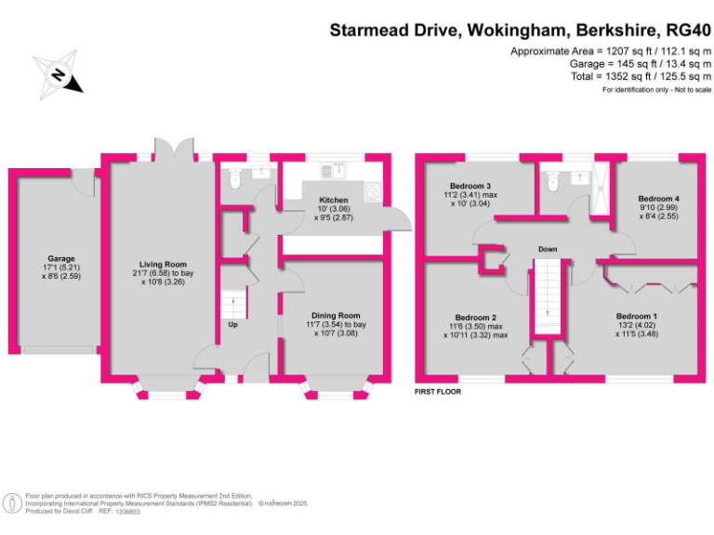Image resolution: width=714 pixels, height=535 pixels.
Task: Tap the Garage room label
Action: point(61,259)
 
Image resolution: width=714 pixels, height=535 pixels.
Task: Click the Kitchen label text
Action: point(333,201)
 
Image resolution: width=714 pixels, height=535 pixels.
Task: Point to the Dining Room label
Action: point(335,316)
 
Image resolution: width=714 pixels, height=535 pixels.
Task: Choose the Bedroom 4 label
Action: point(657,199)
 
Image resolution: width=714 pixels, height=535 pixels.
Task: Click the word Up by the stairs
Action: point(232,324)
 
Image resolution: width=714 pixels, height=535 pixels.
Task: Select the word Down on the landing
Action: point(549,249)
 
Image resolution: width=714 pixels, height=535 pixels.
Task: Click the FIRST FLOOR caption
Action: point(438,392)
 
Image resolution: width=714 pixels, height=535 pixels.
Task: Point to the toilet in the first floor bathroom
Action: point(554,184)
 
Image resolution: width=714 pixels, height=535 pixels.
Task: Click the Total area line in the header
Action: point(643,77)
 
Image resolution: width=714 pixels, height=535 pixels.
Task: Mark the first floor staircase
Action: point(548,297)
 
